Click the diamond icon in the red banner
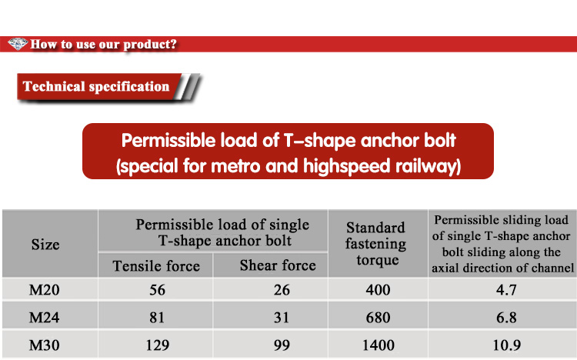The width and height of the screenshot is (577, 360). tap(18, 44)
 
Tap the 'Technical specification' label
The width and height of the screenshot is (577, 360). tap(96, 86)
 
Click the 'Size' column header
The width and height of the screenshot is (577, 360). tap(45, 245)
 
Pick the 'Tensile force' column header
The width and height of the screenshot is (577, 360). tap(156, 265)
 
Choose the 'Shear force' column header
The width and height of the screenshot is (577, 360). tap(278, 265)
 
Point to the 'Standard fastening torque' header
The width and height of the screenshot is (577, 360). tap(376, 244)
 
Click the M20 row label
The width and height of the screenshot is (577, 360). tap(44, 290)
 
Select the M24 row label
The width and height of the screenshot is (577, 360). tap(44, 318)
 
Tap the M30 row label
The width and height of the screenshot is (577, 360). tap(44, 345)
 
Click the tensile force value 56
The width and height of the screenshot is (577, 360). tap(157, 290)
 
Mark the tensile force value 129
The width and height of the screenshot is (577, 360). tap(158, 345)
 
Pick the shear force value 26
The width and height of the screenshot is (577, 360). tap(282, 290)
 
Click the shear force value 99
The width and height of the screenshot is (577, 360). tap(282, 345)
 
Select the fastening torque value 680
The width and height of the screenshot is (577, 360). tap(378, 318)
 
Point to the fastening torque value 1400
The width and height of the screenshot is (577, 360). tap(379, 345)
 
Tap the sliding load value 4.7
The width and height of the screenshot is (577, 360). tap(506, 290)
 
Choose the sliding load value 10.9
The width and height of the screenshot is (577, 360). tap(507, 345)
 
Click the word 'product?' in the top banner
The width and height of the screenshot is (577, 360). tap(150, 45)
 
